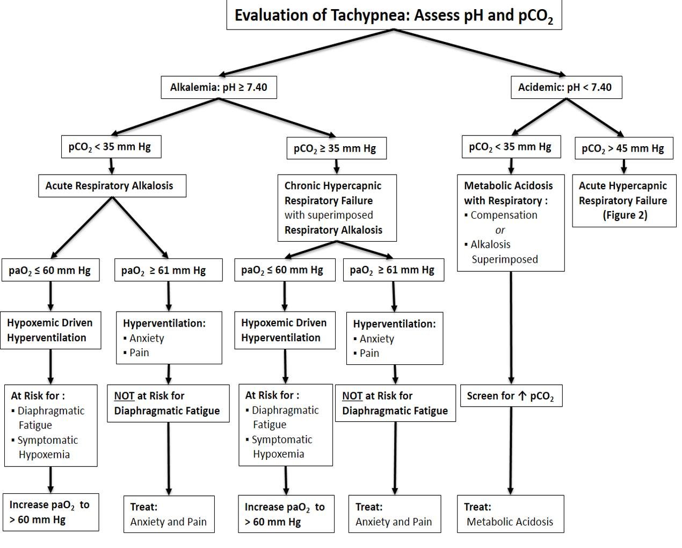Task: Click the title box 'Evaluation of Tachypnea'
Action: (394, 15)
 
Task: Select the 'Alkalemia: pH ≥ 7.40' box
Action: (219, 87)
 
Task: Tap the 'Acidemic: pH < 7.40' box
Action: (565, 87)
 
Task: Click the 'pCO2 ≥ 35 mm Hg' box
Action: (335, 148)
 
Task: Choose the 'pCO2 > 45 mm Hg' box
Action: (623, 148)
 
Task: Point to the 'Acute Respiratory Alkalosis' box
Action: (112, 186)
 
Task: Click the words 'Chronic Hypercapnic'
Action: (332, 186)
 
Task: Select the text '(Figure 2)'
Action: (625, 215)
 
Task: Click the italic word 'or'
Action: (500, 230)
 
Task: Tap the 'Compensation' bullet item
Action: (503, 215)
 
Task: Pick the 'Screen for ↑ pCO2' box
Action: (511, 396)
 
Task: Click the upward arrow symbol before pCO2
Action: (523, 396)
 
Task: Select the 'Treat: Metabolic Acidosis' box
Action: (510, 514)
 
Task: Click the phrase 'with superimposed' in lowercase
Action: (329, 215)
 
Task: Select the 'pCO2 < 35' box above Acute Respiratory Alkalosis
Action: (111, 147)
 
